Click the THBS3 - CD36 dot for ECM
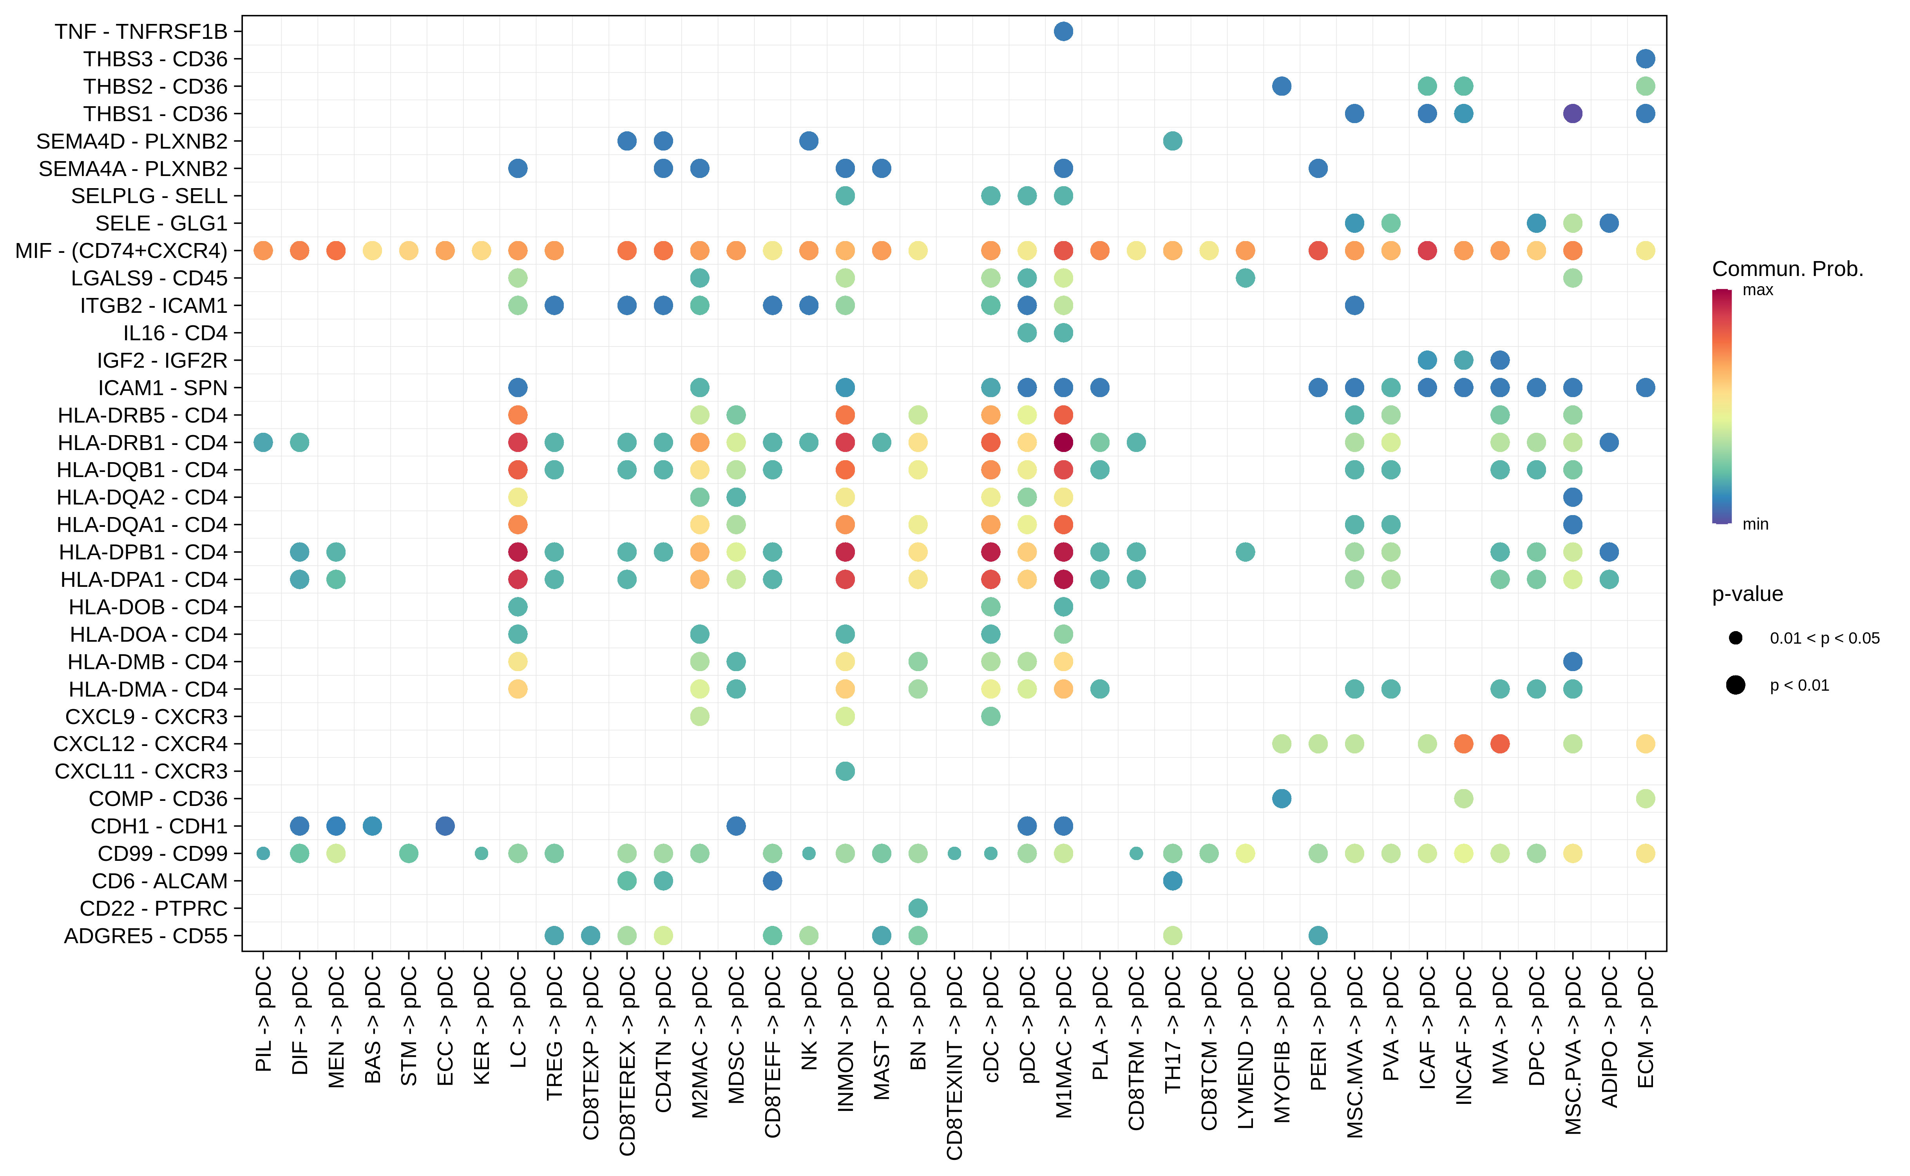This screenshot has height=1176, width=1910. pos(1645,58)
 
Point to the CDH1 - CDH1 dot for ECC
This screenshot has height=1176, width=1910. pos(445,826)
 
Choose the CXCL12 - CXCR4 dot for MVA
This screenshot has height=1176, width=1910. pos(1499,744)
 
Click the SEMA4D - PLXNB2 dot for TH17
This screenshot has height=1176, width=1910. pos(1172,141)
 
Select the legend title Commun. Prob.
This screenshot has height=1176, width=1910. pos(1787,269)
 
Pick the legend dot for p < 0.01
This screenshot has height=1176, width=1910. pos(1735,684)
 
